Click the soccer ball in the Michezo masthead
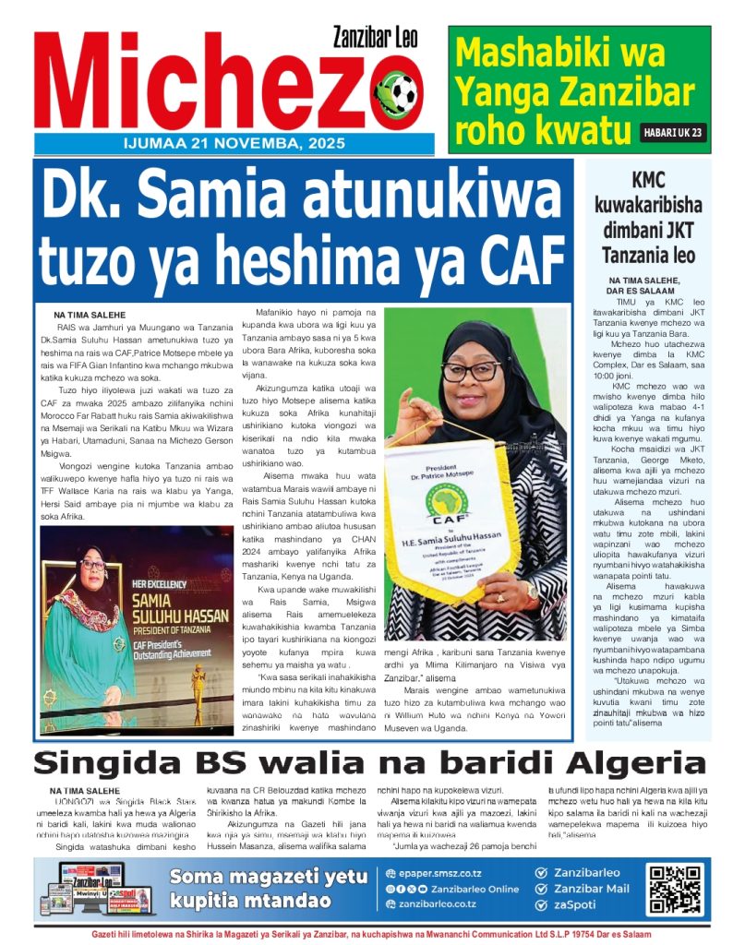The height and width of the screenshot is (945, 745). tap(398, 92)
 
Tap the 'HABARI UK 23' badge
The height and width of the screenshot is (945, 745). tap(673, 133)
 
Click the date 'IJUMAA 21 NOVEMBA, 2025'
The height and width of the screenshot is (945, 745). tap(234, 144)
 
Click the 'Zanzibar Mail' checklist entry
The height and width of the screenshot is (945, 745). tap(590, 888)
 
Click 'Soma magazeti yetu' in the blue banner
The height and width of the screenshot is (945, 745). tap(269, 877)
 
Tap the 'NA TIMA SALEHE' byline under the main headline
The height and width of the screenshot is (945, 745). tap(89, 315)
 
